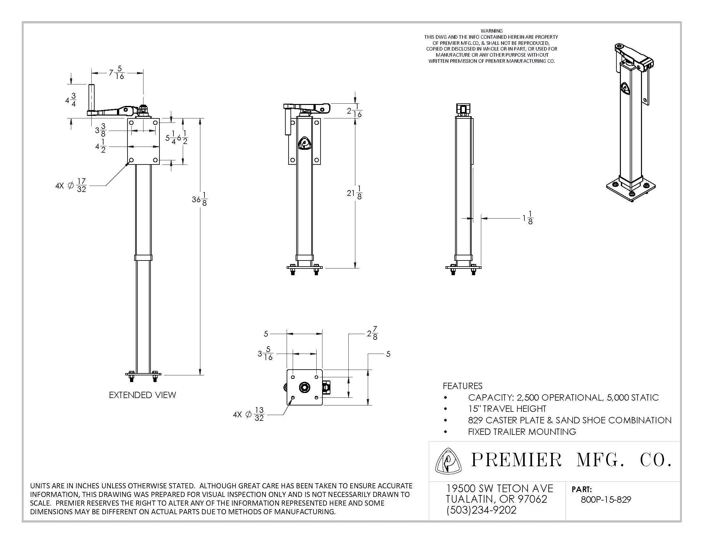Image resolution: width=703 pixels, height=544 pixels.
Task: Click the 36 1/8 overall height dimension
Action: coord(200,199)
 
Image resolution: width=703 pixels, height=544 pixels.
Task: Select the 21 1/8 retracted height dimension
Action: coord(354,193)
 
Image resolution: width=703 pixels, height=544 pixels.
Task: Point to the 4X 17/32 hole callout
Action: coord(72,186)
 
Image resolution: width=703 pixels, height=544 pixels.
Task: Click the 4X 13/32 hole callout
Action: coord(249,414)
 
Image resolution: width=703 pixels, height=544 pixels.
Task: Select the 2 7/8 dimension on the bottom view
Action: coord(372,333)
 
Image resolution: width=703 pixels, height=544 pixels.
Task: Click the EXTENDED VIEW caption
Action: coord(142,395)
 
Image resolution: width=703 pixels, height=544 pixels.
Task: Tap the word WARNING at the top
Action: coord(491,31)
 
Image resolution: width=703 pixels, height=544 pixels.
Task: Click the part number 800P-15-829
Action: coord(606,500)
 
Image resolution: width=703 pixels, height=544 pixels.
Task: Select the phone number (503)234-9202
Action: coord(481,510)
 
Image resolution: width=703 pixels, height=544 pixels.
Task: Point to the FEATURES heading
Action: coord(462,386)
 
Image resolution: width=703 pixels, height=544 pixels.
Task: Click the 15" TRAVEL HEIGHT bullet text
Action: coord(507,409)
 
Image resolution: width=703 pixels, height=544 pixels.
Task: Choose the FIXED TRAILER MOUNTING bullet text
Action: coord(522,432)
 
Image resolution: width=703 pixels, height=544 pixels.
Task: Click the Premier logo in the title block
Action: coord(448,461)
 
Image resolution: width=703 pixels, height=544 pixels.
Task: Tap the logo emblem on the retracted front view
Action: coord(305,143)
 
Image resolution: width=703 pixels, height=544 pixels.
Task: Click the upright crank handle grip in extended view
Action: coord(91,97)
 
